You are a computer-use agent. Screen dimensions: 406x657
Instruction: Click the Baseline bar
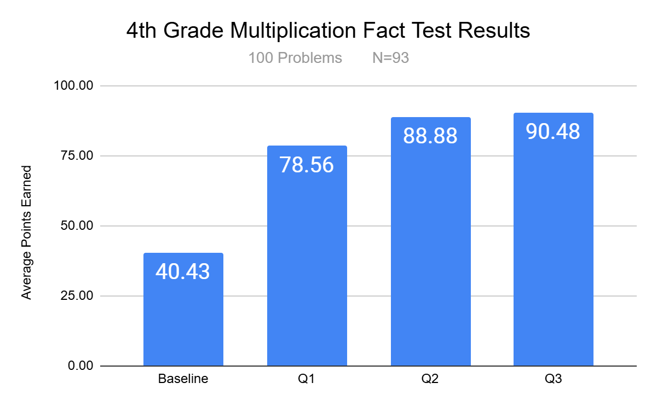click(183, 317)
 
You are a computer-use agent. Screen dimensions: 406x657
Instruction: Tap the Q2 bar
click(430, 252)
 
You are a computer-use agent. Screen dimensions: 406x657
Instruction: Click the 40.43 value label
click(183, 271)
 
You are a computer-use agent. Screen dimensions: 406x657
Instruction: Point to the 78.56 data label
click(307, 164)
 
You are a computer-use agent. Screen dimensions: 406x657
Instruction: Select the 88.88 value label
click(430, 136)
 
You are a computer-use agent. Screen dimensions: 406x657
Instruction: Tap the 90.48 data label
click(553, 131)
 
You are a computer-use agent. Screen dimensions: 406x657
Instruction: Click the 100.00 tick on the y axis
click(74, 86)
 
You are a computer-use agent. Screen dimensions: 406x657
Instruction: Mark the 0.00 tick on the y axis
click(80, 366)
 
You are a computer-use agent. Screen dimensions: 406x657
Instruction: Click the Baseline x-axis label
click(183, 379)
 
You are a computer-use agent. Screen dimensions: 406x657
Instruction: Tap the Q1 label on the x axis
click(307, 379)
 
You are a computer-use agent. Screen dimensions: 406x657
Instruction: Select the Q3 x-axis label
click(553, 379)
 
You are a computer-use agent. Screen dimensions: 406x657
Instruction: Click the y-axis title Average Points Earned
click(26, 233)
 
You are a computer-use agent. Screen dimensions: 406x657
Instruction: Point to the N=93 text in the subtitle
click(390, 58)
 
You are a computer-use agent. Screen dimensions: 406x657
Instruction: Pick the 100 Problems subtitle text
click(295, 58)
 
